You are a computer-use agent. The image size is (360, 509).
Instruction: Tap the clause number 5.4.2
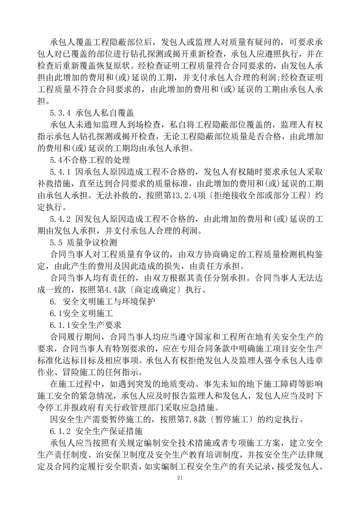click(61, 219)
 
